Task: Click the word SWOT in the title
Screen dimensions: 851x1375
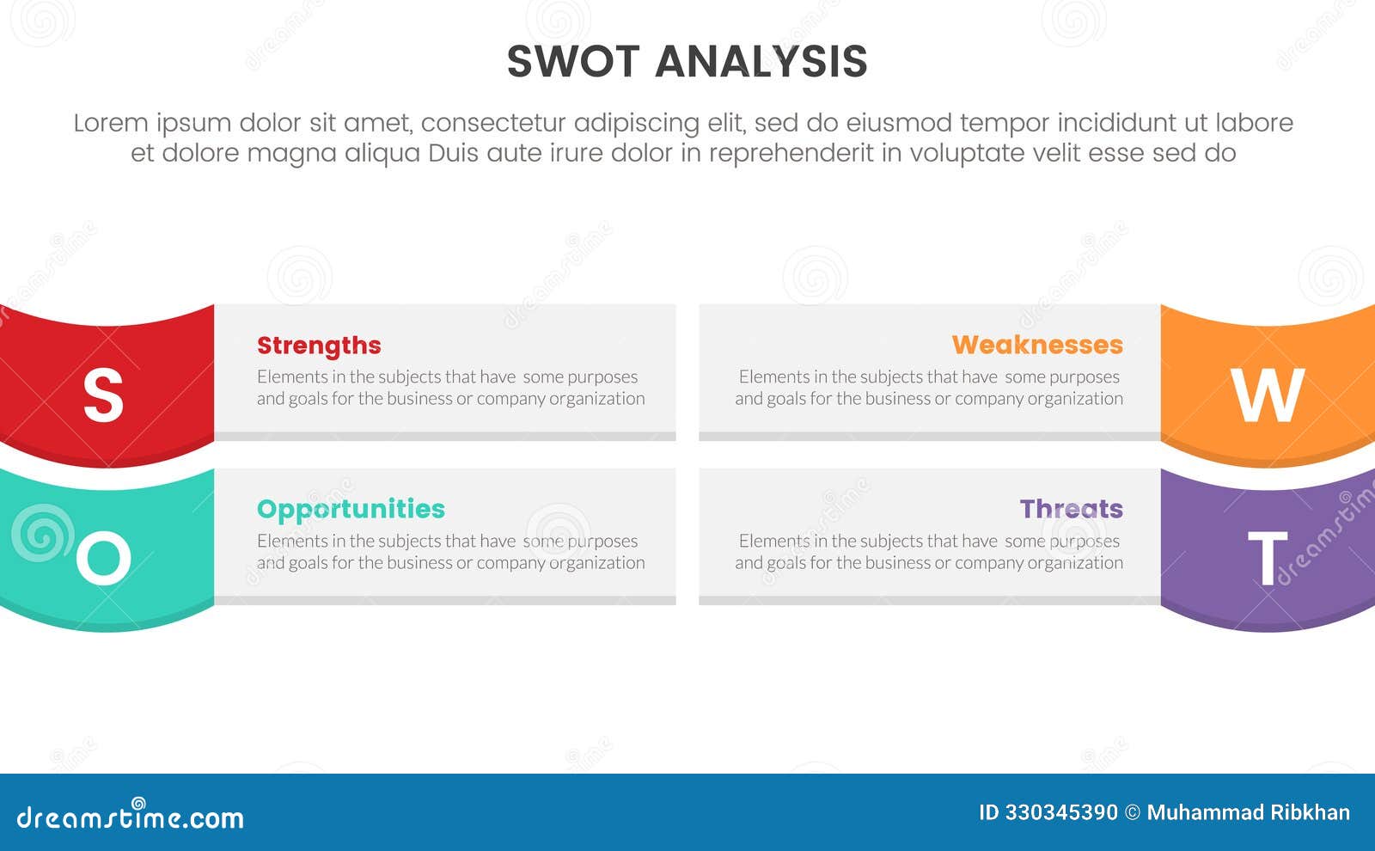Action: pos(573,62)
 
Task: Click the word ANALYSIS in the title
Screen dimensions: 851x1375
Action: pos(761,62)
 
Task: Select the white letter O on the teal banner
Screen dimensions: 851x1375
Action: pos(103,558)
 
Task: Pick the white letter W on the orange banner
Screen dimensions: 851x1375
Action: pos(1268,395)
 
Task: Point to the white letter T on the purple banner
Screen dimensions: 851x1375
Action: pos(1268,559)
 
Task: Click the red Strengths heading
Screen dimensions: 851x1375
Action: pos(319,346)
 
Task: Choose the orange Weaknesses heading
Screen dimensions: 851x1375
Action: pos(1037,345)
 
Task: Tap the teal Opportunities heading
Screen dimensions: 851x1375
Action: pos(351,509)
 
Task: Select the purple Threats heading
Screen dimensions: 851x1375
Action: pos(1071,509)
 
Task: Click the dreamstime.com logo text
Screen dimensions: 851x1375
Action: pos(130,817)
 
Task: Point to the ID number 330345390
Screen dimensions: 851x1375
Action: pos(1061,812)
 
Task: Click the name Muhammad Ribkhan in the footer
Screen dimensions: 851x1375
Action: pos(1248,812)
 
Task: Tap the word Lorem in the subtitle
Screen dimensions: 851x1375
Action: pos(111,123)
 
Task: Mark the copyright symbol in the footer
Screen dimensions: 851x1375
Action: pos(1132,812)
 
